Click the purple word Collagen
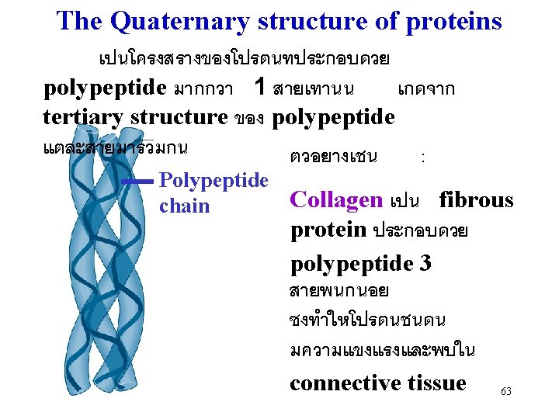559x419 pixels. (335, 200)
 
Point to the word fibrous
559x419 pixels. (476, 200)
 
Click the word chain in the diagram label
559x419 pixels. (184, 206)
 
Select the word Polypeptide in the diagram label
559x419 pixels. (213, 182)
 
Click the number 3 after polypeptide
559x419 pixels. (425, 263)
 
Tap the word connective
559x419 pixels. (345, 383)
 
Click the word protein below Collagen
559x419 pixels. (328, 230)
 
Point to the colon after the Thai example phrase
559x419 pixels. (422, 158)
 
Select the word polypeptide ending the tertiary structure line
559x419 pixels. (335, 117)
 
